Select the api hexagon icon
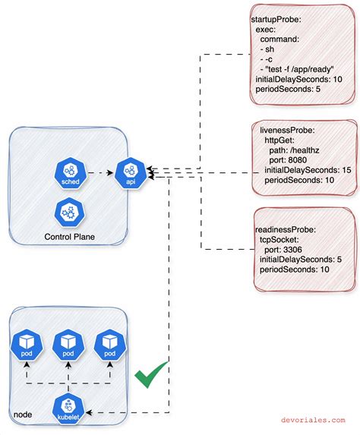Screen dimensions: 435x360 tap(129, 173)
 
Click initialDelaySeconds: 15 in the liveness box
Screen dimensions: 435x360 tap(307, 171)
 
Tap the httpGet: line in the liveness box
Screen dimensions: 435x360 tap(283, 141)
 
